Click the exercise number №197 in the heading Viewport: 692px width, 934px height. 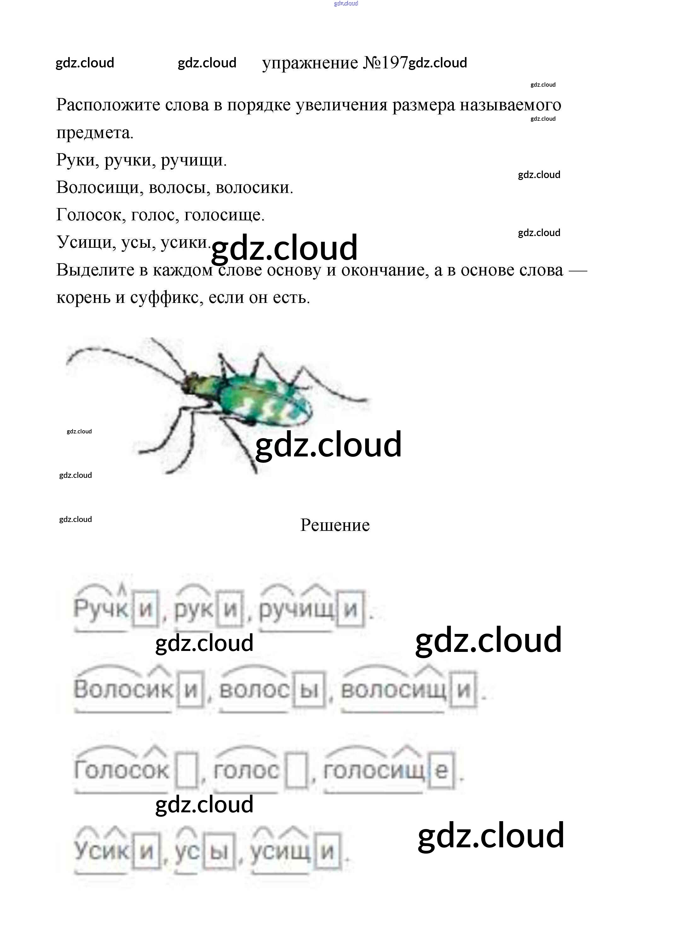click(385, 63)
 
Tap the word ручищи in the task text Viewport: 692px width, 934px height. click(193, 160)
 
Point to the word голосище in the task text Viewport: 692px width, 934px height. click(224, 215)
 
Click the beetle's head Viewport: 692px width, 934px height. click(193, 380)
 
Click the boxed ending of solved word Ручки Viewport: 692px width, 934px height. click(145, 608)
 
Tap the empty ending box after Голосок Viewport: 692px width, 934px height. click(187, 770)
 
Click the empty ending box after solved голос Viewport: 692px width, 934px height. click(297, 770)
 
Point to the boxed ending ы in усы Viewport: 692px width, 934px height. click(219, 850)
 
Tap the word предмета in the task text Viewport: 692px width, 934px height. click(95, 132)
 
